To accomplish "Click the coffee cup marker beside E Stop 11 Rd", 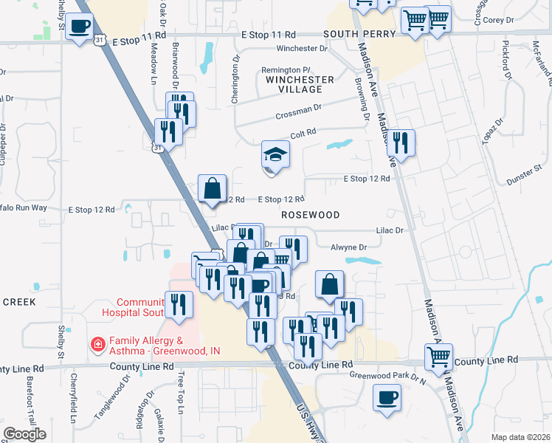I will coord(80,28).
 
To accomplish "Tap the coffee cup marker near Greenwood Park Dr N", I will coord(386,399).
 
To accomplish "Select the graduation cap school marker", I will coord(275,156).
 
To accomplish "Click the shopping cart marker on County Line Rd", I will coord(439,357).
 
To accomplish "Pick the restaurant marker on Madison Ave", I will coord(401,142).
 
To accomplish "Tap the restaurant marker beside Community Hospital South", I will coord(179,305).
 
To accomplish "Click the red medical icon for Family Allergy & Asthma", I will coord(96,345).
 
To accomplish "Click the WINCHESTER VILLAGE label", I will coord(300,84).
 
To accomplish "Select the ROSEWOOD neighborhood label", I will coord(310,215).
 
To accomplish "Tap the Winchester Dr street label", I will coord(301,49).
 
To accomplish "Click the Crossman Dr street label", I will coord(299,111).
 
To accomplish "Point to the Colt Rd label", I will coord(303,132).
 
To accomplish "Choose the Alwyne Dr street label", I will coord(348,248).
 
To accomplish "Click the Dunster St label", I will coord(525,179).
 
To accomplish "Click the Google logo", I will coord(24,434).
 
